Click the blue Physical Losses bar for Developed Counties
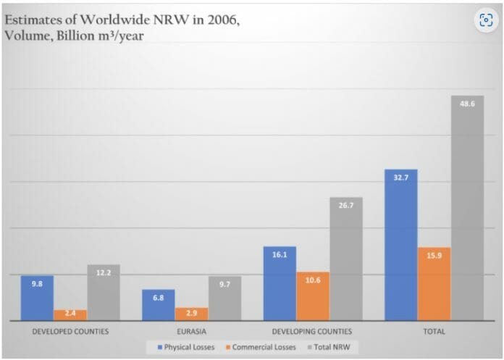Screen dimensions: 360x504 pyautogui.click(x=37, y=298)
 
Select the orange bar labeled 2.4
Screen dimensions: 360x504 pyautogui.click(x=70, y=315)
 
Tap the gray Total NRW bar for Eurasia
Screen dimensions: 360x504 pyautogui.click(x=224, y=298)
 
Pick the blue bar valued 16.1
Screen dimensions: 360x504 pyautogui.click(x=280, y=284)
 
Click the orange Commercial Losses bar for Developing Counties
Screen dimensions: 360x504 pyautogui.click(x=312, y=296)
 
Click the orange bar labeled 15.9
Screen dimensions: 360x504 pyautogui.click(x=434, y=284)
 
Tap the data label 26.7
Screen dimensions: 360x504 pyautogui.click(x=345, y=206)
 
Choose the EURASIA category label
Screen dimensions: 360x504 pyautogui.click(x=191, y=331)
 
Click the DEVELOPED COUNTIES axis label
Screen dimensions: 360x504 pyautogui.click(x=70, y=331)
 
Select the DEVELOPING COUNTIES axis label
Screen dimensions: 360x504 pyautogui.click(x=312, y=331)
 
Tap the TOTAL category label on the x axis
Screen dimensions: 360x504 pyautogui.click(x=434, y=331)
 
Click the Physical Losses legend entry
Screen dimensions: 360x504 pyautogui.click(x=185, y=347)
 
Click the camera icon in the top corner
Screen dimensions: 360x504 pyautogui.click(x=486, y=20)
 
